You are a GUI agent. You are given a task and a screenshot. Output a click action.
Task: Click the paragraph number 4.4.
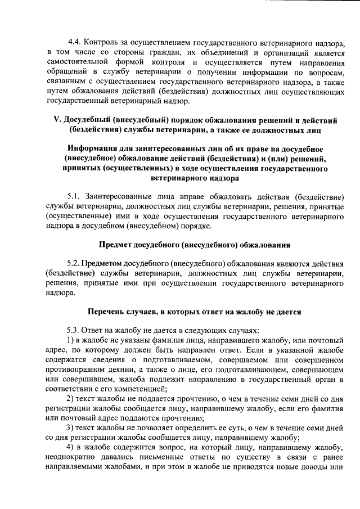[74, 42]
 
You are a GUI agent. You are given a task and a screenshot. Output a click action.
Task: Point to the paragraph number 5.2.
[74, 263]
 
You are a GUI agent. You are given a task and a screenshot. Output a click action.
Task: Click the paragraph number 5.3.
[74, 330]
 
